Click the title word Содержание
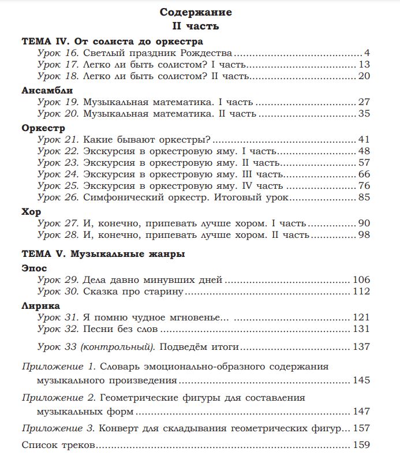click(x=196, y=12)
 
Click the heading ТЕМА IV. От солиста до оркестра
click(x=112, y=42)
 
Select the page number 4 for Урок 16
click(x=367, y=54)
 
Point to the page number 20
click(x=364, y=76)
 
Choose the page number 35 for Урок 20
click(x=364, y=113)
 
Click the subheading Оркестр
click(x=43, y=128)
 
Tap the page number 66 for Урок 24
click(x=364, y=174)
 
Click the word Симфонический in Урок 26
click(x=118, y=197)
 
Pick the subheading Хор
click(x=32, y=212)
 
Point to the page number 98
click(x=364, y=234)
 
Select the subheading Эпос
click(x=34, y=268)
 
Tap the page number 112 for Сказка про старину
click(x=361, y=291)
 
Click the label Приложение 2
click(x=58, y=398)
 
